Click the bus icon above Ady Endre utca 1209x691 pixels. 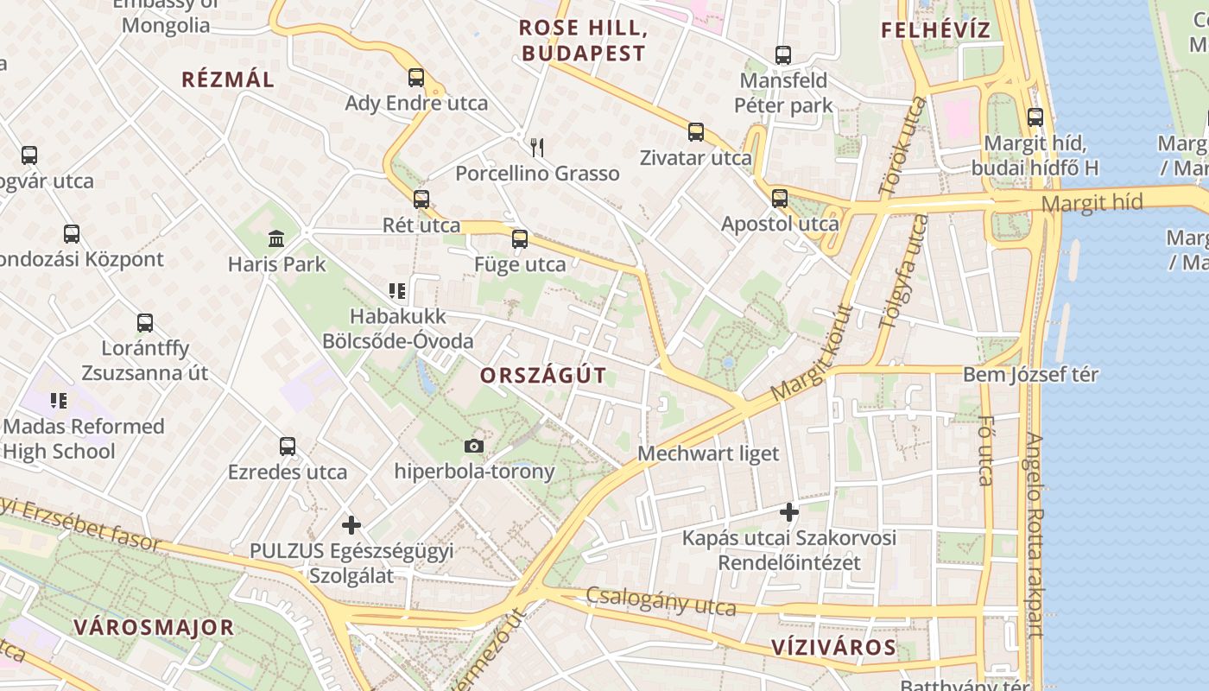416,78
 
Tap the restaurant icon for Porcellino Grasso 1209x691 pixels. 537,147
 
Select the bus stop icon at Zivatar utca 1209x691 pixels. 696,132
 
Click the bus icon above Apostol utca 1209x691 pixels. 780,198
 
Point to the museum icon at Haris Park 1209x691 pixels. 277,238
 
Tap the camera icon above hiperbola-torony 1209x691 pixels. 474,446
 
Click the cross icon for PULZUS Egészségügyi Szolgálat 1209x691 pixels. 351,524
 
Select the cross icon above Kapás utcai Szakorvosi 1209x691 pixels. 788,512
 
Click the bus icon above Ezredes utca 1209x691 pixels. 288,447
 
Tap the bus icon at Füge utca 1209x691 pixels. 520,239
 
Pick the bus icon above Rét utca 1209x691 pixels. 421,200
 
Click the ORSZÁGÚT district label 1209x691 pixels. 543,376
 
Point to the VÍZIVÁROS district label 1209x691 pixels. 833,647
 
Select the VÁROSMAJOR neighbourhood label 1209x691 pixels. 154,627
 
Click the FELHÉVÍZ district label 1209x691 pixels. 935,30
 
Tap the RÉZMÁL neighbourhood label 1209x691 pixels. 228,79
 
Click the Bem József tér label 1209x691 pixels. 1030,375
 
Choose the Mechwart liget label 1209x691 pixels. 708,453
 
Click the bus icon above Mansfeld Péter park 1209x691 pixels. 783,55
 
